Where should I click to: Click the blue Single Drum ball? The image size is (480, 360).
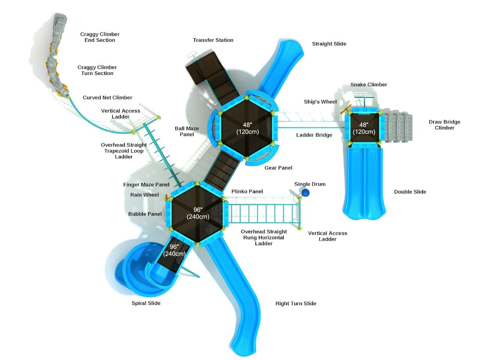point(306,193)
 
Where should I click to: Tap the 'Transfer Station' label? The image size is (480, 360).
point(213,40)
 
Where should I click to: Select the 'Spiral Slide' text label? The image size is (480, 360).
point(146,303)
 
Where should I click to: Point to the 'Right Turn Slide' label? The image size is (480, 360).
point(295,303)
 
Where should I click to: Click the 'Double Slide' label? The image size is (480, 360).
point(410,192)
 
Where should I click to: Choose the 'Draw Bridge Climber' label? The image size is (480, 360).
point(444,125)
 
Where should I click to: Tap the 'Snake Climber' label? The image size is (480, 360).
point(369,85)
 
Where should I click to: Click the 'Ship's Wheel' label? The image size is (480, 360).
point(320,102)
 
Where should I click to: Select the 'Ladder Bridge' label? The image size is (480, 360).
point(314,135)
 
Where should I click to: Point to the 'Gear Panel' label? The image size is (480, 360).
point(278,168)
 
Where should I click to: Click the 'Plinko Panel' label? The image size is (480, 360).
point(247,191)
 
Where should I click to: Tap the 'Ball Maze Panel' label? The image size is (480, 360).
point(187,131)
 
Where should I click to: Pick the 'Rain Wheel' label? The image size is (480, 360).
point(144,195)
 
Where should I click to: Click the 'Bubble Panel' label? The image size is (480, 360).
point(145,214)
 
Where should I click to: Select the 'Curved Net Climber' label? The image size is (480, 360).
point(107,97)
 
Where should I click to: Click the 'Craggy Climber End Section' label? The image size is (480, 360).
point(100,37)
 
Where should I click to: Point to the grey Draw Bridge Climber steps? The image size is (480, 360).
point(398,127)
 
